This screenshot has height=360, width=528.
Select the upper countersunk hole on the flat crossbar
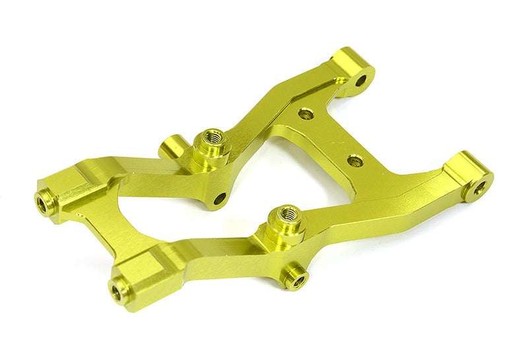305,114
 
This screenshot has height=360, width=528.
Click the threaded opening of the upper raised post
212,137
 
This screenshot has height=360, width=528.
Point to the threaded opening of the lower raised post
288,213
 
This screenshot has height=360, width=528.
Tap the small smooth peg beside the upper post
170,146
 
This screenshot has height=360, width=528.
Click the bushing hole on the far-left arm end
44,203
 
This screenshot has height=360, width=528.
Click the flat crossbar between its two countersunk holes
330,137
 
